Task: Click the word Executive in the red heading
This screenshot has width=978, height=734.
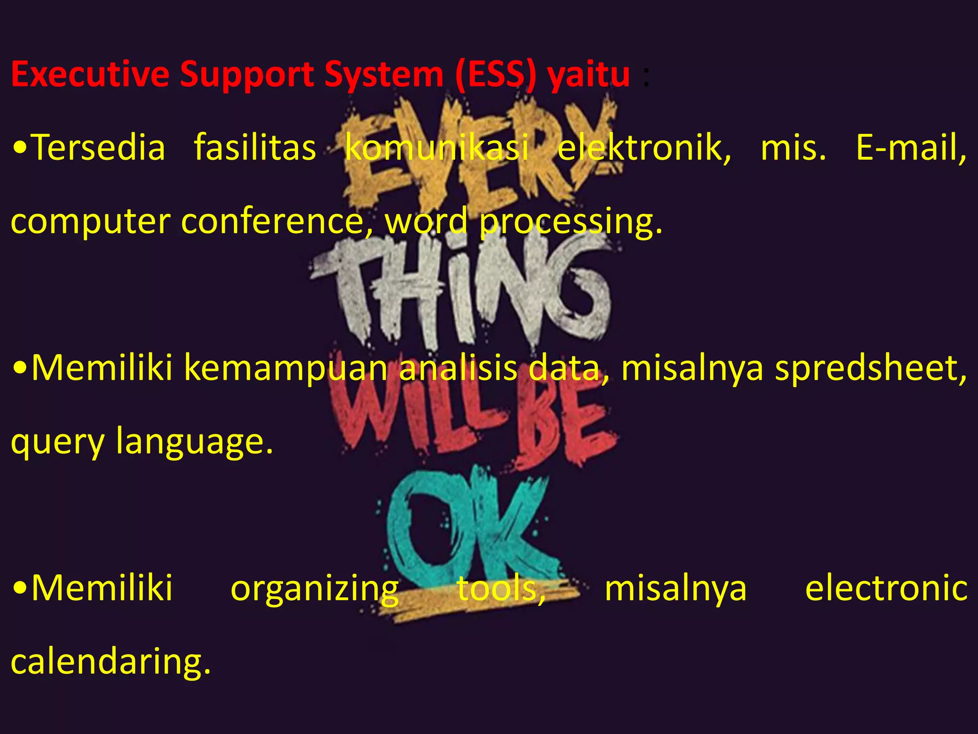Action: pyautogui.click(x=90, y=75)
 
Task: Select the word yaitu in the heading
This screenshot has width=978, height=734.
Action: pyautogui.click(x=588, y=75)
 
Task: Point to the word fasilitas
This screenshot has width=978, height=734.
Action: pyautogui.click(x=255, y=148)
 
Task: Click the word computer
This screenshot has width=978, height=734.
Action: pyautogui.click(x=90, y=222)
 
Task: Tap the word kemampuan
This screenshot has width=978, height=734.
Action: pyautogui.click(x=286, y=369)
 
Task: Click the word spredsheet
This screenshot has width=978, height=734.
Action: pyautogui.click(x=870, y=369)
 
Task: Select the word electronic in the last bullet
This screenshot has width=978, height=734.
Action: pyautogui.click(x=886, y=589)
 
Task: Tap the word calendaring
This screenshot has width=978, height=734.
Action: pyautogui.click(x=110, y=662)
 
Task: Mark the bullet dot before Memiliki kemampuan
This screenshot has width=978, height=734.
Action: pyautogui.click(x=20, y=369)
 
